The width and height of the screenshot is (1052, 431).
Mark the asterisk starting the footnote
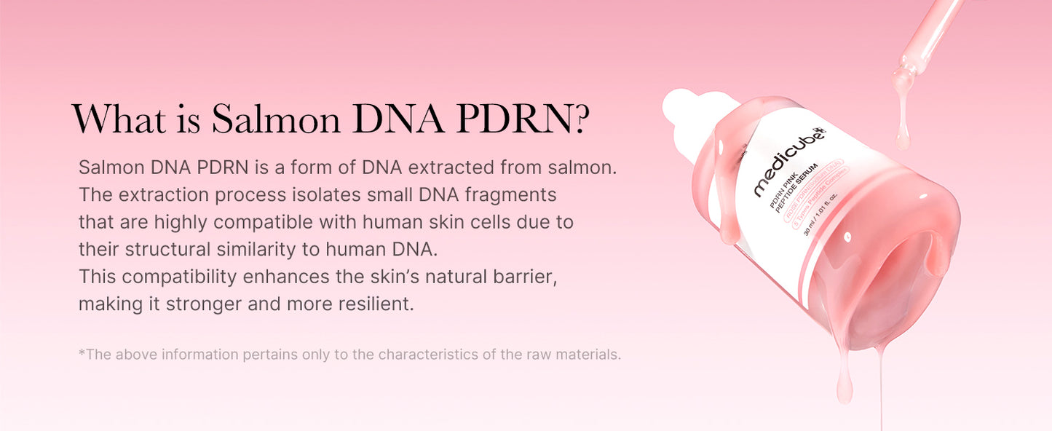click(x=82, y=354)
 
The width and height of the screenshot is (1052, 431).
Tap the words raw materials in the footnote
click(x=580, y=355)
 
